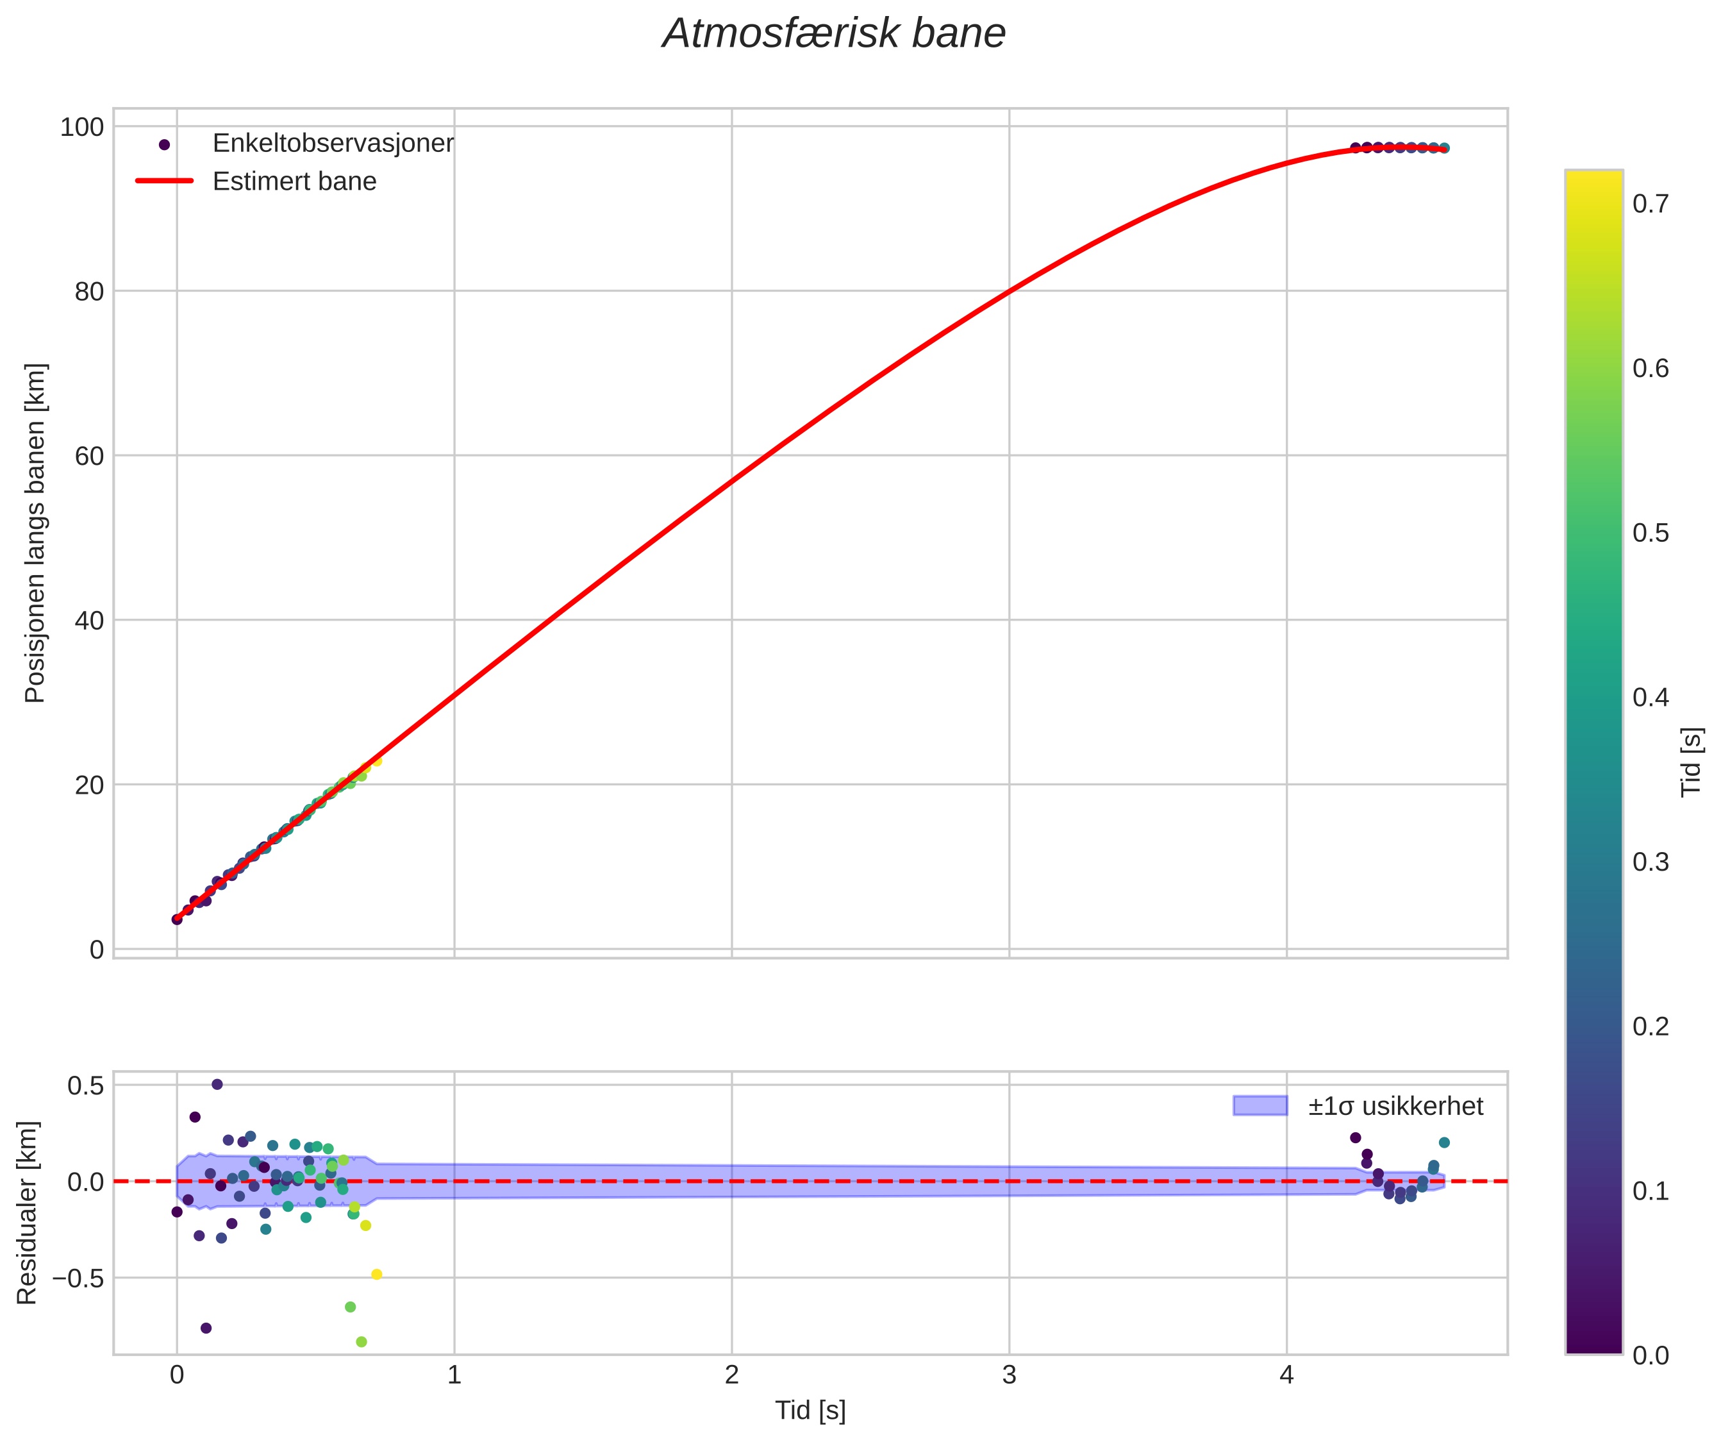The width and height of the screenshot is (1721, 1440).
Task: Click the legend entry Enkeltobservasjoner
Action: (332, 144)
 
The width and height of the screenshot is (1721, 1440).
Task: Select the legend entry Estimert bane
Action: (294, 181)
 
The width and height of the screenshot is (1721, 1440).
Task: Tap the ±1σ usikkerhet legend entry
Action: (1395, 1107)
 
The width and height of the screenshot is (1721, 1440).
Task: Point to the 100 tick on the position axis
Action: (82, 127)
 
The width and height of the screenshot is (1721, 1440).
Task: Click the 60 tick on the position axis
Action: (89, 456)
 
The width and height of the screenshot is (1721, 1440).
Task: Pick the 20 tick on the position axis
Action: (89, 785)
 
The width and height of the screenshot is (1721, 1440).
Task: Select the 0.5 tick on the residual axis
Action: (86, 1085)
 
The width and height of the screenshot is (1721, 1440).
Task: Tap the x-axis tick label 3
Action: (1009, 1376)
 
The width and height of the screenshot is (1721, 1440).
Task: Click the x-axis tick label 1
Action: (454, 1376)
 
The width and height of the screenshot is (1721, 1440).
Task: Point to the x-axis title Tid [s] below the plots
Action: (810, 1411)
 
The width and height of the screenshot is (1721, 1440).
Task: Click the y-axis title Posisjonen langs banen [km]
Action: (35, 533)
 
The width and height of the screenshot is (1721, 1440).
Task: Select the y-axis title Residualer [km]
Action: (27, 1213)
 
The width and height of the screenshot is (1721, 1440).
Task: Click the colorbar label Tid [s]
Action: (1692, 762)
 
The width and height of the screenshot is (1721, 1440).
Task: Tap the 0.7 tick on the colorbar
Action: (1650, 204)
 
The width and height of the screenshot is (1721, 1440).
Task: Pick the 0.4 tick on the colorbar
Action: (1650, 698)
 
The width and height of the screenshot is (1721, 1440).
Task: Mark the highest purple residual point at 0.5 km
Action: (217, 1084)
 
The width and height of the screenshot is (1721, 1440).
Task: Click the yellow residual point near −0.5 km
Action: (377, 1275)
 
